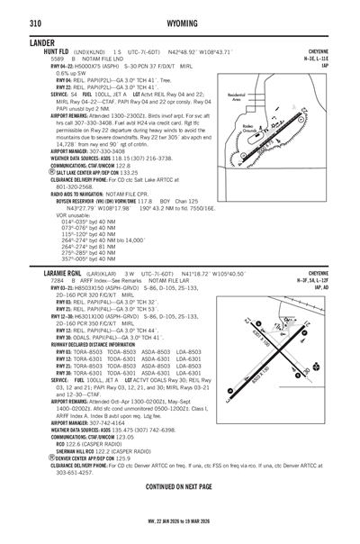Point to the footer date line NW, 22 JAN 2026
point(179,520)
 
